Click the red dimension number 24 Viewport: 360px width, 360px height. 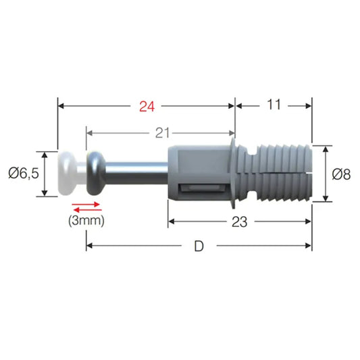coord(147,106)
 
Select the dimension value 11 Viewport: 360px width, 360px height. coord(274,105)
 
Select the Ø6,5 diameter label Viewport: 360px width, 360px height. coord(22,174)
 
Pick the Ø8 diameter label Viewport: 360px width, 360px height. coord(342,174)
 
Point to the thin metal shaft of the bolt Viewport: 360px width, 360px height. coord(135,174)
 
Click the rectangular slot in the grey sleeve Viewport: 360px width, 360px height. coord(201,190)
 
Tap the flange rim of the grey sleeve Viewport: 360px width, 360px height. coord(236,174)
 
